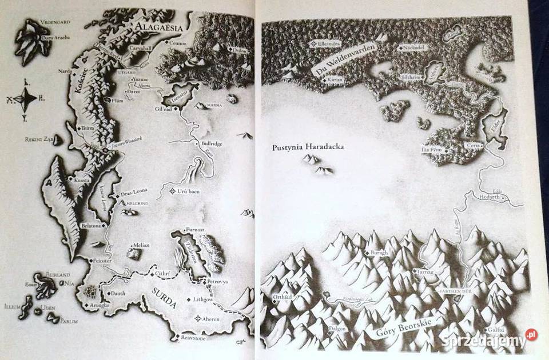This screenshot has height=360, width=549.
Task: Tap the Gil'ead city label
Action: tap(164, 109)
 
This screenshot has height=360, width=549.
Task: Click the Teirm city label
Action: tap(87, 129)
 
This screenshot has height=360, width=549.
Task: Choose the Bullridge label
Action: tap(212, 144)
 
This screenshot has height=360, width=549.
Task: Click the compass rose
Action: tap(25, 99)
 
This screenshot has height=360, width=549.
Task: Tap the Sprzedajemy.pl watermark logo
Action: tap(490, 341)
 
